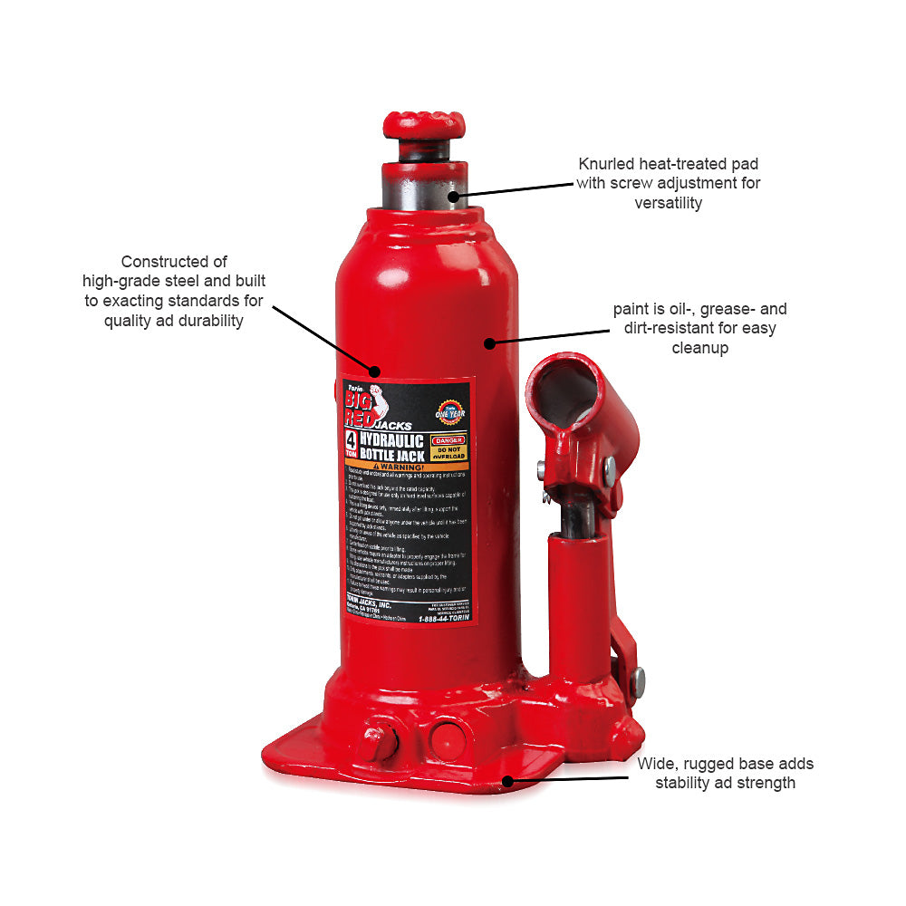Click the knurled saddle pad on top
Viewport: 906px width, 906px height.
pyautogui.click(x=423, y=124)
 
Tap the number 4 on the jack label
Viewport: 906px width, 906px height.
pyautogui.click(x=350, y=441)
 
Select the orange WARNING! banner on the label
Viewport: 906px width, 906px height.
pyautogui.click(x=406, y=467)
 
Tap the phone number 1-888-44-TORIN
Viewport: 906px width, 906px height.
pyautogui.click(x=445, y=618)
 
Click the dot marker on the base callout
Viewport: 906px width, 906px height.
pyautogui.click(x=508, y=779)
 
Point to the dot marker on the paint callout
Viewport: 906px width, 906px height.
pyautogui.click(x=488, y=343)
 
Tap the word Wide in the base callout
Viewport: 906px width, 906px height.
pyautogui.click(x=655, y=763)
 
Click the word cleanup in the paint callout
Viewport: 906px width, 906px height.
pyautogui.click(x=699, y=348)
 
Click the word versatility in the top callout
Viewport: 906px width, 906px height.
pyautogui.click(x=669, y=202)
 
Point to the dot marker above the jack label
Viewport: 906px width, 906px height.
pyautogui.click(x=373, y=371)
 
